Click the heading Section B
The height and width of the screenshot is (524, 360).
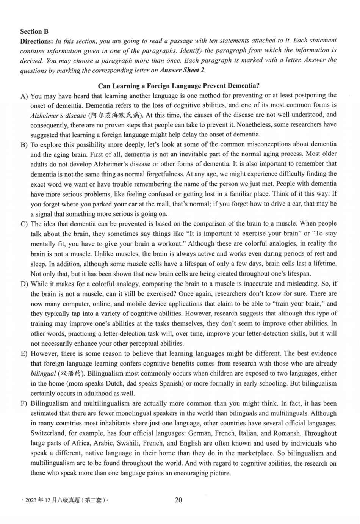[x=34, y=31]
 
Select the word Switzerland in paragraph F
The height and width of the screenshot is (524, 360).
[x=48, y=433]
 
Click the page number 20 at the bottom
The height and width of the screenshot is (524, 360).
[x=178, y=500]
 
